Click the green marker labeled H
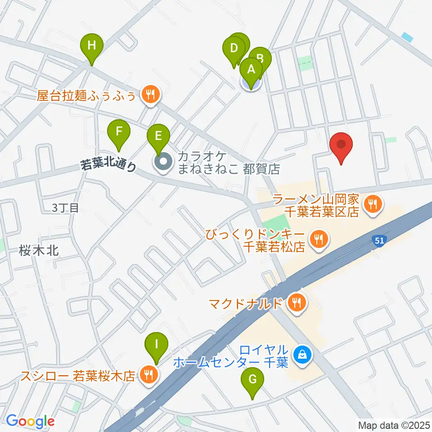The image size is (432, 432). tap(91, 46)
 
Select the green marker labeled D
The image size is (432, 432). tap(234, 49)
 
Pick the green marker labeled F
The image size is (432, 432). tap(119, 132)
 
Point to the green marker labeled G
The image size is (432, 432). tap(252, 381)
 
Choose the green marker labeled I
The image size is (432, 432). tap(156, 346)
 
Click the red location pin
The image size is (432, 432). tap(341, 146)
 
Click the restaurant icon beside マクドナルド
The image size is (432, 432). tap(297, 303)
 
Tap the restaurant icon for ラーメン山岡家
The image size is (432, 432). tap(373, 205)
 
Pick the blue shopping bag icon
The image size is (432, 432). tap(301, 355)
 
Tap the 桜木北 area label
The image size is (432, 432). tap(39, 251)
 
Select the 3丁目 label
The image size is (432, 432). tap(66, 207)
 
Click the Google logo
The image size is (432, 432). tap(30, 421)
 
